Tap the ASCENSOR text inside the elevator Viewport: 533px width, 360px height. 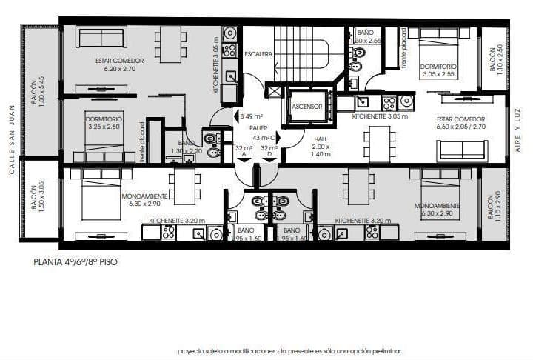click(x=306, y=107)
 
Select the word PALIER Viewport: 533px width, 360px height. click(x=258, y=127)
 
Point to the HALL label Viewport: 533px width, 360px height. click(x=320, y=139)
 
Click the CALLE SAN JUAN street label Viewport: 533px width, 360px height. click(x=12, y=148)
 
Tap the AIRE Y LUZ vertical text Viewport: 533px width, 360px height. click(x=518, y=131)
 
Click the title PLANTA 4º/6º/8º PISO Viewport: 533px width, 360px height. click(x=75, y=261)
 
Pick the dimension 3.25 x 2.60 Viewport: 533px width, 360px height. click(x=103, y=127)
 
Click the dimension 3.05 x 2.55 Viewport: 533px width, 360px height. click(x=440, y=75)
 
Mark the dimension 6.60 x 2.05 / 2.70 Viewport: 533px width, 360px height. click(x=460, y=127)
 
